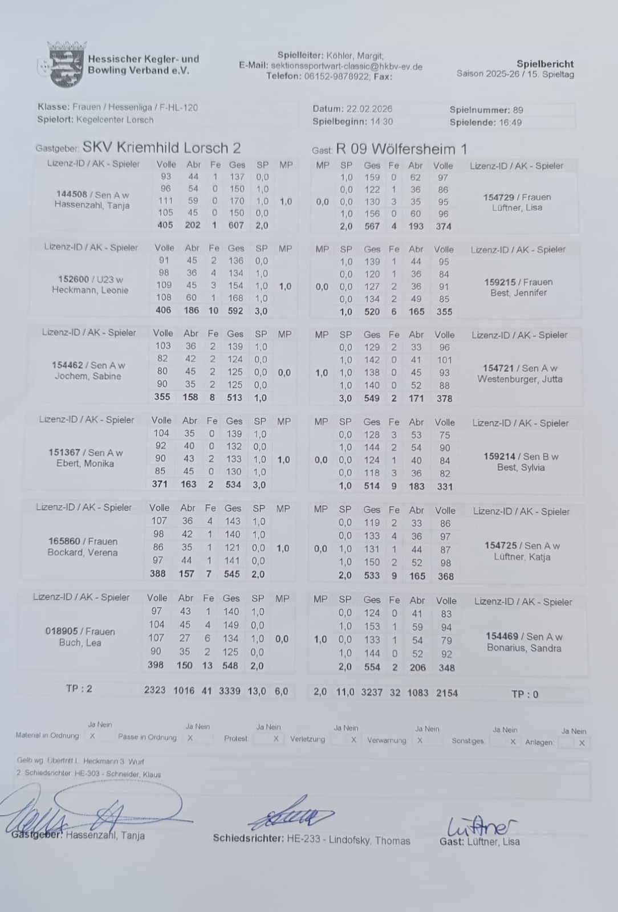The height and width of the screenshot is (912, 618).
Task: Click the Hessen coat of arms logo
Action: click(62, 64)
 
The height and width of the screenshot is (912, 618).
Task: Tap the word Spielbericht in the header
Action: click(544, 64)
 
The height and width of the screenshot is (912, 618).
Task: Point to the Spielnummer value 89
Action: click(517, 110)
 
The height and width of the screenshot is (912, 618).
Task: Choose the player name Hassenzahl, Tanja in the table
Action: click(92, 205)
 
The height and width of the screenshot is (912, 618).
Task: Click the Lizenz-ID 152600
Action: click(73, 279)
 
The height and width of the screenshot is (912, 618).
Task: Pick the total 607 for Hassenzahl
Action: click(236, 225)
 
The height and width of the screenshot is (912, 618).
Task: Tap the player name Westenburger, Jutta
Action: click(519, 379)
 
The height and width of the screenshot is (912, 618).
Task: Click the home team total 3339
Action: click(230, 690)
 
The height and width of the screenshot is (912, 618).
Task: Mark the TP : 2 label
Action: click(79, 689)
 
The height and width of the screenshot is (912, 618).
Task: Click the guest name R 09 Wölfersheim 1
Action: click(401, 149)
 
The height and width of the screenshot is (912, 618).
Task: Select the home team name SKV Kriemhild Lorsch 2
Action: click(161, 148)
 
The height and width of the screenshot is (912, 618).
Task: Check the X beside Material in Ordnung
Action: click(92, 736)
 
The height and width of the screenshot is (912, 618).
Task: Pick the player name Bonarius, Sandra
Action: click(523, 648)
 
